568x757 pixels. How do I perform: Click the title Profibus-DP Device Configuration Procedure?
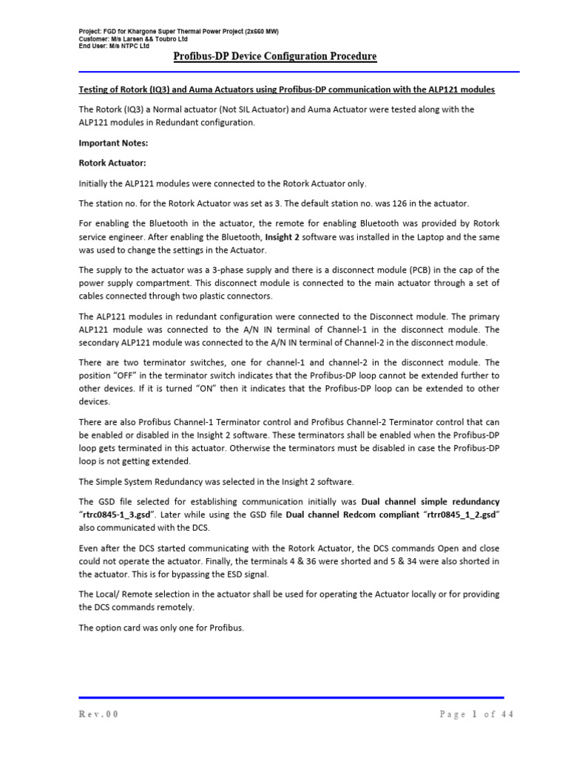[274, 57]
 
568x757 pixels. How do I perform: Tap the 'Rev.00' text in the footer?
[99, 714]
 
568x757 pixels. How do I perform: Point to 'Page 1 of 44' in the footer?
[476, 714]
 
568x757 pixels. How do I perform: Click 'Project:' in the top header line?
[91, 31]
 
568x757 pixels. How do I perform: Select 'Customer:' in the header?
[95, 38]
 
